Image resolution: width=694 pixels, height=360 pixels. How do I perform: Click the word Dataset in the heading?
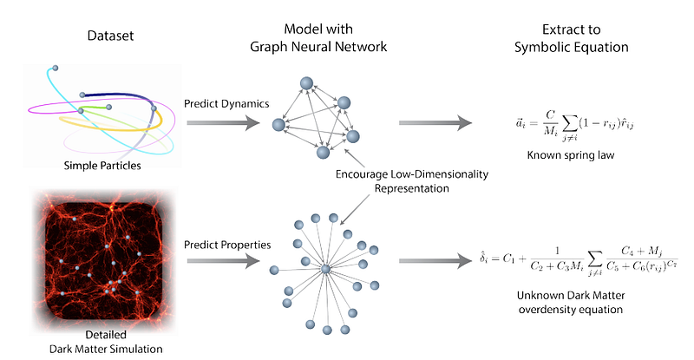110,37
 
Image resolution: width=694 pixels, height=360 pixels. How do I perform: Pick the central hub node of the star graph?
324,271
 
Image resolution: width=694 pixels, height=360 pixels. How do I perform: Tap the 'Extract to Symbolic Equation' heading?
566,37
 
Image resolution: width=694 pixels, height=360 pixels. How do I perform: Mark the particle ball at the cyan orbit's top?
56,68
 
